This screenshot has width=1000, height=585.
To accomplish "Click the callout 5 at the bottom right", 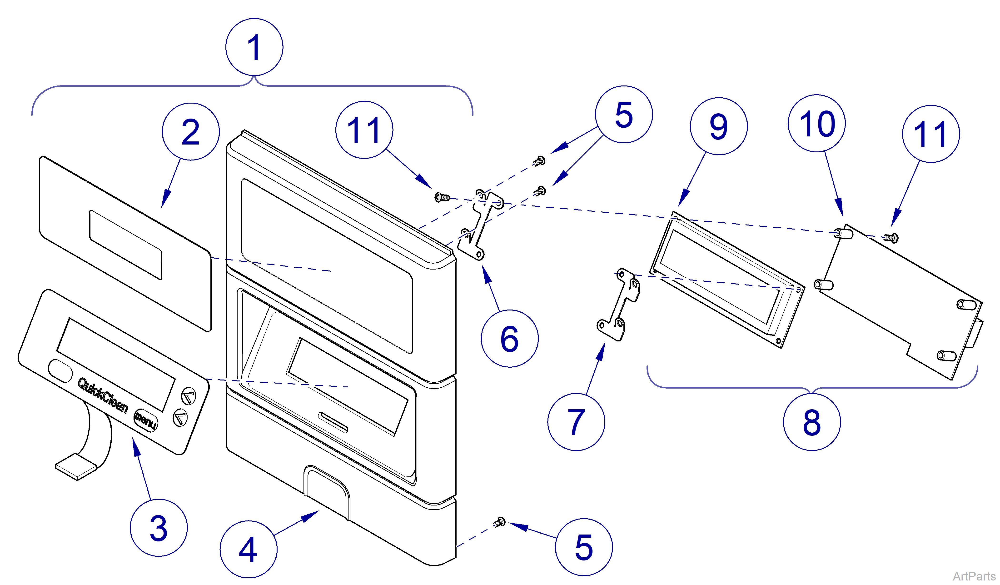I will pos(583,547).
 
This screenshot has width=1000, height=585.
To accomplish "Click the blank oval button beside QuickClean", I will pos(60,371).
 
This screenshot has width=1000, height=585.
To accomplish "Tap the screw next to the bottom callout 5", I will pos(500,522).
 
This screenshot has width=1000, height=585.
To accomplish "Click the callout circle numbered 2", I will pos(190,132).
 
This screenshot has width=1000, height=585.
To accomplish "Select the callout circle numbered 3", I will pos(159,528).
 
